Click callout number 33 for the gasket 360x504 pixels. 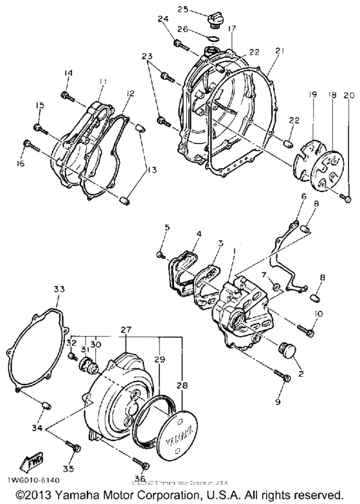(x=59, y=290)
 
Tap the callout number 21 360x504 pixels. (x=279, y=51)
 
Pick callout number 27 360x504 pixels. (x=125, y=328)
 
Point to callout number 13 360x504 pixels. (x=151, y=170)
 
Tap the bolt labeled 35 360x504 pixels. (x=76, y=447)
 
